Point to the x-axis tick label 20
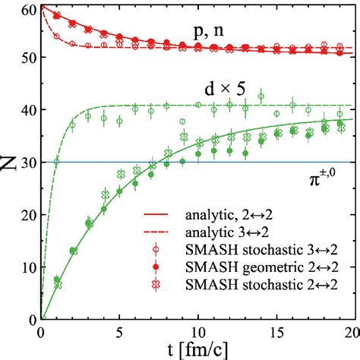[x=348, y=333]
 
